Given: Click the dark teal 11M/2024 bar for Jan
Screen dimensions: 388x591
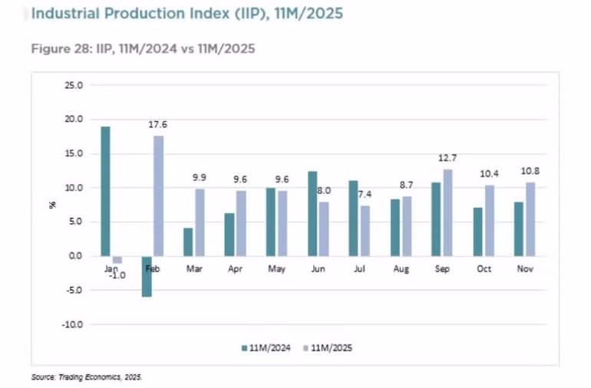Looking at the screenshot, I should click(105, 191).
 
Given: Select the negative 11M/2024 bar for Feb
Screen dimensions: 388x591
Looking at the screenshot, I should click(147, 276).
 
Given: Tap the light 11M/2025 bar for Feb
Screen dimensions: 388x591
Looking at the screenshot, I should click(158, 196).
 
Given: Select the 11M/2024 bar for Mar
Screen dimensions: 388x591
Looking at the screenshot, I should click(188, 242).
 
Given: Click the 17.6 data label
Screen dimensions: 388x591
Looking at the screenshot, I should click(158, 123).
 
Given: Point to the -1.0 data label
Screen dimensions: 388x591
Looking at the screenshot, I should click(117, 276).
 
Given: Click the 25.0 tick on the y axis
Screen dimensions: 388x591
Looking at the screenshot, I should click(74, 85).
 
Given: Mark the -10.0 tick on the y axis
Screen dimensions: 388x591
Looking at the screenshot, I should click(72, 324).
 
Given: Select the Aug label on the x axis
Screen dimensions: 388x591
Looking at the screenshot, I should click(401, 269).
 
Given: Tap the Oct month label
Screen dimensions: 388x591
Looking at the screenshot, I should click(484, 269).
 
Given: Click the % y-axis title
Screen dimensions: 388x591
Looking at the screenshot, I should click(54, 205).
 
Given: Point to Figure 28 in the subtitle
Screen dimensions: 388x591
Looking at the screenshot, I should click(55, 48).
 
